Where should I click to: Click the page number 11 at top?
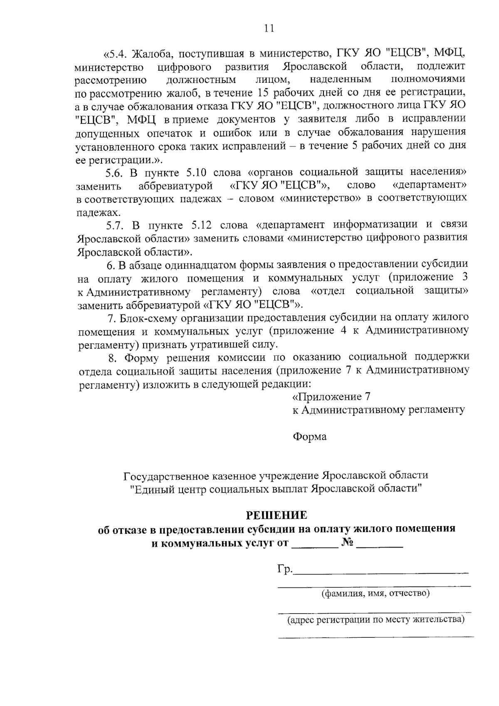(x=269, y=28)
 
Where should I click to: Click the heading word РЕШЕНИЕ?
(x=277, y=515)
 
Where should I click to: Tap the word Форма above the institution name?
(x=310, y=436)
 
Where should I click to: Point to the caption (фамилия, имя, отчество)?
(x=375, y=593)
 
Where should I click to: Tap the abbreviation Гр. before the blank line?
(x=285, y=569)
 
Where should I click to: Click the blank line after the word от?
(x=314, y=544)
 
